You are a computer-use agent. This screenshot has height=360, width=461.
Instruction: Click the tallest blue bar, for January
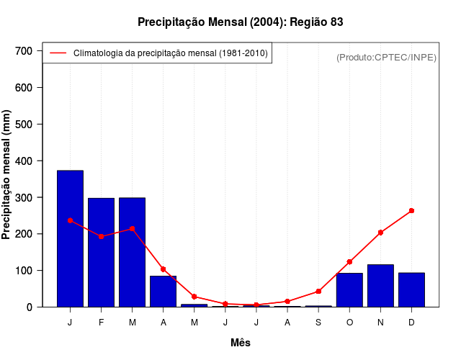70,238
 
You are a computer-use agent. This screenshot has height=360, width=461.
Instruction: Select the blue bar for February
101,252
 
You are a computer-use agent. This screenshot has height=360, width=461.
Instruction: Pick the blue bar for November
380,285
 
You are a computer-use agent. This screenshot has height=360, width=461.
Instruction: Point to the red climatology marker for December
411,211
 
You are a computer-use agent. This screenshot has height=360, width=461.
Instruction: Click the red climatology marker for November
380,233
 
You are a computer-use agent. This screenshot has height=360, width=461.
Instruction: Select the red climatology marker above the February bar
101,236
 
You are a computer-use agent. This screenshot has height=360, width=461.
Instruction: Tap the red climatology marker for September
318,292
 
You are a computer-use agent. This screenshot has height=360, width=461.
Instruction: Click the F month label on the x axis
101,323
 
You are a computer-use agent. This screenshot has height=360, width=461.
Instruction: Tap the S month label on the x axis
318,323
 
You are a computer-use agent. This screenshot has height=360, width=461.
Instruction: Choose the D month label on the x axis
411,323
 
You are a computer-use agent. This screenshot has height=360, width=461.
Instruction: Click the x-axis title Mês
241,343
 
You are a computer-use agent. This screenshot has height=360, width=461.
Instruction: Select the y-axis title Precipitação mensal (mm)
7,175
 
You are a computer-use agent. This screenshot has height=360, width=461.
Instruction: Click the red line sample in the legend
58,53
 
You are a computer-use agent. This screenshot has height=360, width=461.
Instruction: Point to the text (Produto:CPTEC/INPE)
386,57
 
